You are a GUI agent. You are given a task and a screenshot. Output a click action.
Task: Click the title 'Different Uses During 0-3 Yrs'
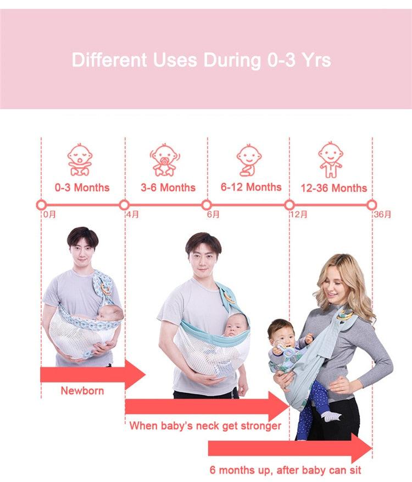click(202, 59)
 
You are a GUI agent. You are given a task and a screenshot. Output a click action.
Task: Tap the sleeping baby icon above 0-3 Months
click(80, 159)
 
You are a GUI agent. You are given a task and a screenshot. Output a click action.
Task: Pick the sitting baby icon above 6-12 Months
click(249, 160)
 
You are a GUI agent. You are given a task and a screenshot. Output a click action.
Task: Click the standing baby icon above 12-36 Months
click(330, 160)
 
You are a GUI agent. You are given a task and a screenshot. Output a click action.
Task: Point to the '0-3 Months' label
click(82, 188)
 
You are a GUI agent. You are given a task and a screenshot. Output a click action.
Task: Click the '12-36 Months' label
click(333, 188)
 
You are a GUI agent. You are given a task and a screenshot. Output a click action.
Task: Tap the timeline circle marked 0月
click(41, 205)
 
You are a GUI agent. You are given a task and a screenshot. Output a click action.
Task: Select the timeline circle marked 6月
click(207, 205)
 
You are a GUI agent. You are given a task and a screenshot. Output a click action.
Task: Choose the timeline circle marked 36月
click(371, 205)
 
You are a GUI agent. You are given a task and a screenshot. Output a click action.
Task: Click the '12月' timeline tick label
click(299, 214)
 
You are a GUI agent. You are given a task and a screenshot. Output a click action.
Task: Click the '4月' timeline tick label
click(132, 214)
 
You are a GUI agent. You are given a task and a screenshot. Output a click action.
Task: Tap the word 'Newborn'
click(82, 391)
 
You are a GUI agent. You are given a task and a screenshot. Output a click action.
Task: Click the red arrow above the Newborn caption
click(93, 375)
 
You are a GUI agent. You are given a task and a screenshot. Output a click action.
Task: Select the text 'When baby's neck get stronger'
click(205, 426)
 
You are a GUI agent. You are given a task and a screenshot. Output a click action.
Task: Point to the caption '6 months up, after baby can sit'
click(285, 470)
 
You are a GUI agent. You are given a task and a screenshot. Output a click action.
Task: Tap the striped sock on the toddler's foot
click(332, 416)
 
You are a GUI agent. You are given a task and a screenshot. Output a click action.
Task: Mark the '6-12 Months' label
click(251, 187)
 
